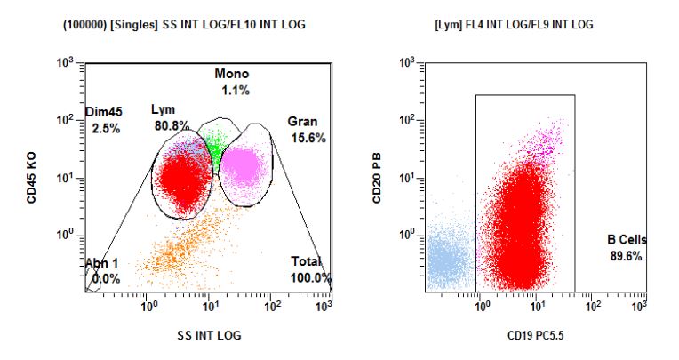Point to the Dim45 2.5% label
click(x=104, y=120)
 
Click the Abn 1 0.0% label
click(x=102, y=271)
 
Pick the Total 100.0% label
click(x=310, y=269)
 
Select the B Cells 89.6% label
click(x=627, y=248)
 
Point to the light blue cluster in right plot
click(x=450, y=258)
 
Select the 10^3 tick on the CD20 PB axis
click(x=411, y=62)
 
